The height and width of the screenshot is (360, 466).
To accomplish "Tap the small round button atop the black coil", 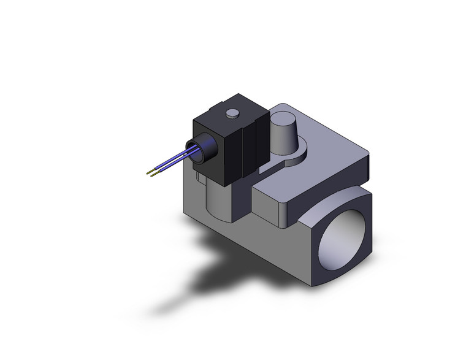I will coord(232,113).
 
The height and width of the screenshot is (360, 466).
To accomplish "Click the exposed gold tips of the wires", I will coord(151,173).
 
